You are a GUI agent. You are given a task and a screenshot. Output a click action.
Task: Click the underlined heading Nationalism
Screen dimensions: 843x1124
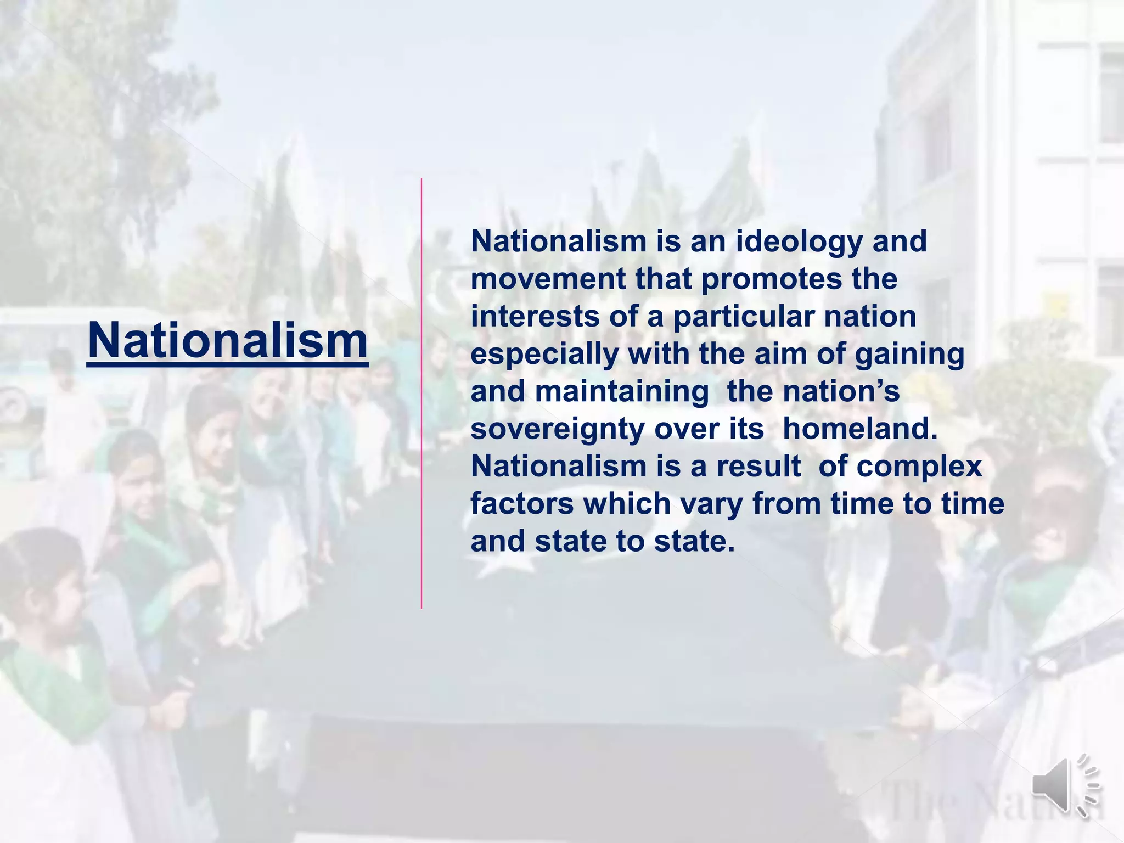click(227, 340)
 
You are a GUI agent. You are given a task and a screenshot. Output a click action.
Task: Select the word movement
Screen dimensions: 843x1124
click(548, 279)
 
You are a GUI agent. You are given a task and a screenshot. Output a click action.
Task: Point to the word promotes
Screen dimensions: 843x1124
click(772, 280)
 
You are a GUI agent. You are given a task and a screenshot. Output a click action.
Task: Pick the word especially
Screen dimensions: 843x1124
click(544, 355)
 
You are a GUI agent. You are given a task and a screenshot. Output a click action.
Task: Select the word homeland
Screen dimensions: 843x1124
click(860, 429)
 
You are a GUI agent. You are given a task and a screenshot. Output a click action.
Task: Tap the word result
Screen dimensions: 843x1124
click(758, 466)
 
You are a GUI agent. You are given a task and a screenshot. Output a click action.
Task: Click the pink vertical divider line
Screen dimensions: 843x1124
click(421, 393)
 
